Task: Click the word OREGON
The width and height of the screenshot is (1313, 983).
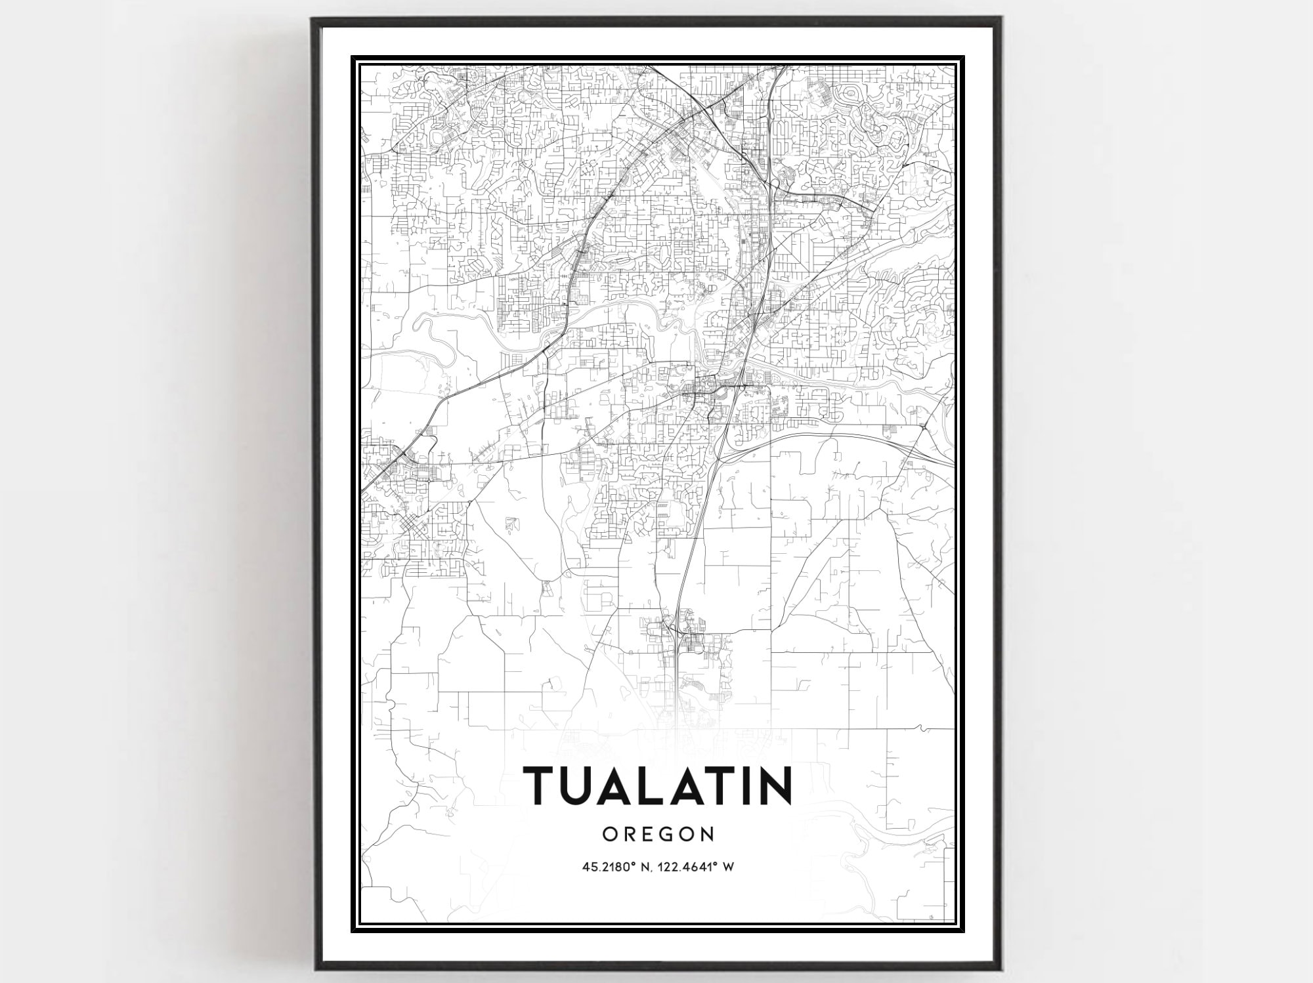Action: coord(658,834)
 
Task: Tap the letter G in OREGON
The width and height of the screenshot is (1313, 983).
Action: coord(670,834)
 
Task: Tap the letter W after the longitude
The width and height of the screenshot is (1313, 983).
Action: coord(728,867)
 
